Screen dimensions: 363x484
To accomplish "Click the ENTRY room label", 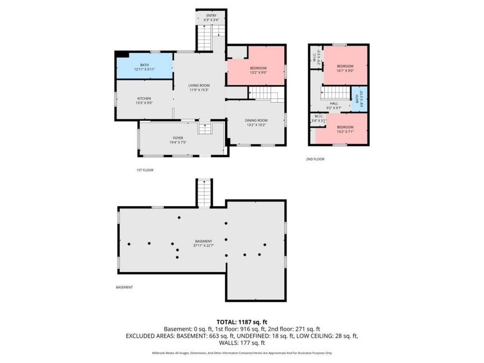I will (212, 16).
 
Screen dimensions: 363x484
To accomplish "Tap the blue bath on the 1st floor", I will (144, 67).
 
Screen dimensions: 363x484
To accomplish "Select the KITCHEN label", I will (144, 98).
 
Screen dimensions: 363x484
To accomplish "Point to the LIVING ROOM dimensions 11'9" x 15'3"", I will (198, 90).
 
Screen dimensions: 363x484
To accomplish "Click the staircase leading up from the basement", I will (204, 193).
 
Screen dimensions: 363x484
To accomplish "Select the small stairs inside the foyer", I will (204, 128).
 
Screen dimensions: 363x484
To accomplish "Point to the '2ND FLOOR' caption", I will (316, 159).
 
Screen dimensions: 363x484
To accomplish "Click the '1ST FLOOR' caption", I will (145, 170).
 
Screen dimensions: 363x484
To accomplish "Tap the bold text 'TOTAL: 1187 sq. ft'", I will (242, 321).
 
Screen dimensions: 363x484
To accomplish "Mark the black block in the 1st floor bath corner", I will (122, 54).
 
